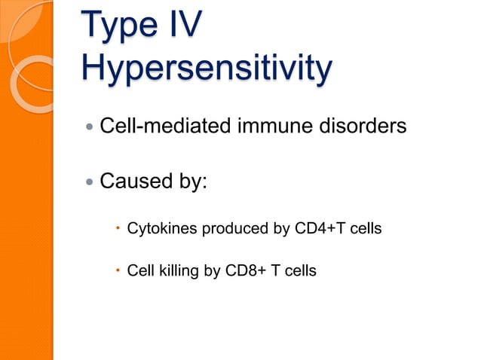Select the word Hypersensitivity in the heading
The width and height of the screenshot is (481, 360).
(205, 71)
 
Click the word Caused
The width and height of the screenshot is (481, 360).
(134, 182)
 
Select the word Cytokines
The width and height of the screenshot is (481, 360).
(158, 227)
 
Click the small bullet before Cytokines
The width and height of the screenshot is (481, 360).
(118, 227)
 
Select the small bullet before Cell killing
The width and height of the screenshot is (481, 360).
(118, 269)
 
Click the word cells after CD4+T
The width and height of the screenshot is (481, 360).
(363, 227)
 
